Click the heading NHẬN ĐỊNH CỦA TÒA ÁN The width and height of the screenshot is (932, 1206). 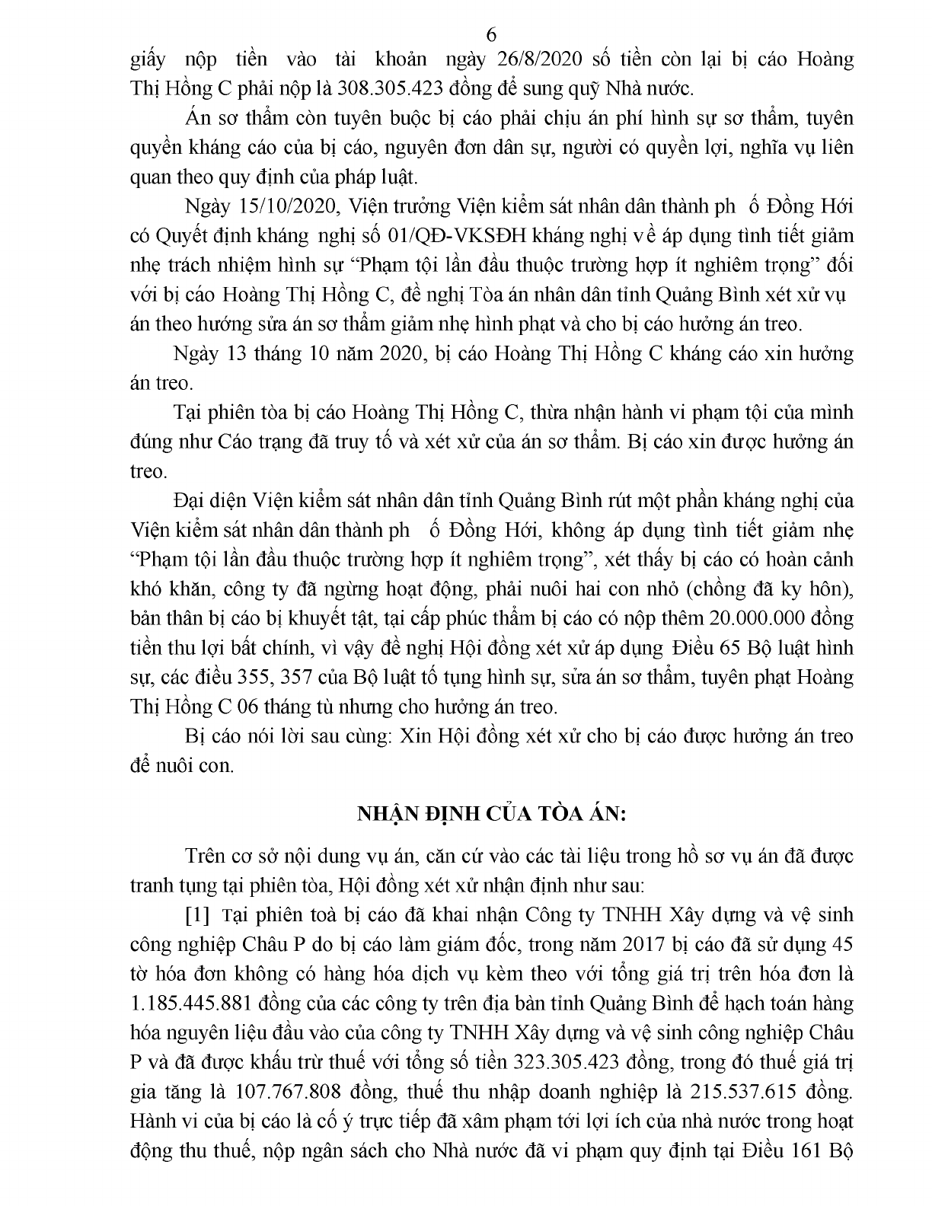coord(491,813)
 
